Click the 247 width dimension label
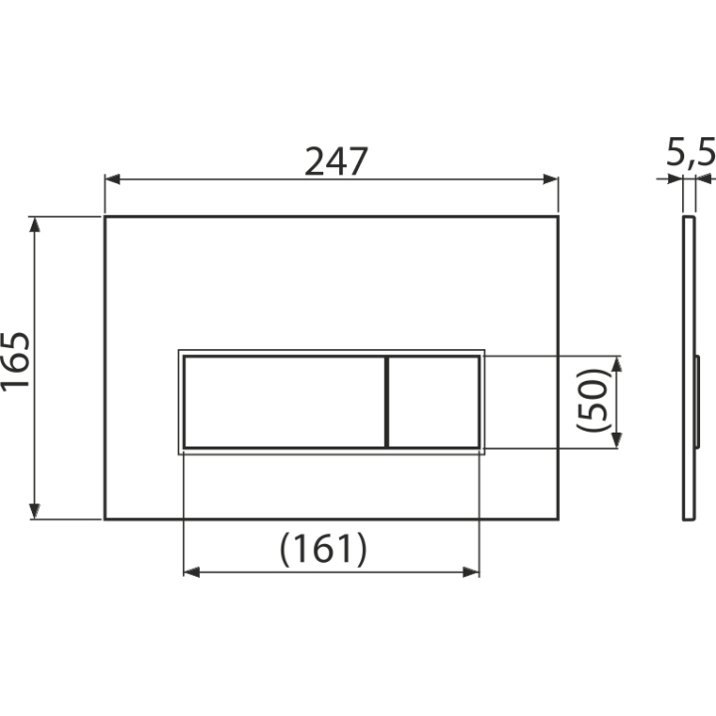point(336,162)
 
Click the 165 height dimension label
point(16,361)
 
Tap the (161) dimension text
point(323,548)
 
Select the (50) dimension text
point(593,400)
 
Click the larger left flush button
point(284,402)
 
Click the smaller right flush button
point(434,402)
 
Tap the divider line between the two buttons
point(387,402)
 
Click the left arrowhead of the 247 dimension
point(112,179)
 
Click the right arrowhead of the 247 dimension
point(551,179)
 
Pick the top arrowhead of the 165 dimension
point(34,224)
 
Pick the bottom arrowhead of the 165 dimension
point(34,511)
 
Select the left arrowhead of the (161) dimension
point(191,572)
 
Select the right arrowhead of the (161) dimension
point(471,572)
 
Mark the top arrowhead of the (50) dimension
point(617,364)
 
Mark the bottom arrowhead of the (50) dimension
point(617,441)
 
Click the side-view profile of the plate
point(689,368)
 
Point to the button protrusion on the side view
point(697,402)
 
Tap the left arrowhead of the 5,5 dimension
point(675,179)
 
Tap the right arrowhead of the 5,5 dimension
point(704,179)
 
